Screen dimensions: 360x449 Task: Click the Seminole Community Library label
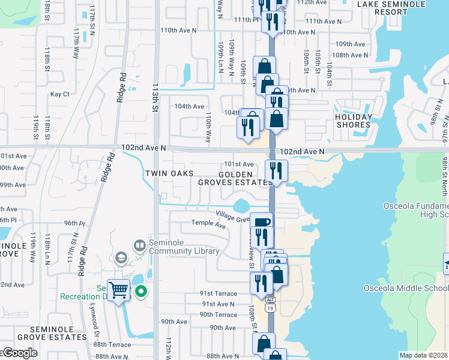tap(178, 247)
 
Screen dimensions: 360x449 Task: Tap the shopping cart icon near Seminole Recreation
tap(119, 290)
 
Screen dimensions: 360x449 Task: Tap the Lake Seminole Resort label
tap(391, 8)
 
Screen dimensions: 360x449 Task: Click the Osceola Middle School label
tap(405, 289)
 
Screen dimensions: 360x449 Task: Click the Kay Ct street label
tap(60, 94)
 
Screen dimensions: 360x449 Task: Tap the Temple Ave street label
tap(208, 224)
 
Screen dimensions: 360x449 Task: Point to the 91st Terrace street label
tap(219, 294)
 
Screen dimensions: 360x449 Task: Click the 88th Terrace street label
tap(112, 345)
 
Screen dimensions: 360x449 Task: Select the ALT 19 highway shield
tap(271, 303)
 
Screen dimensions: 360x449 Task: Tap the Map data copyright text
tap(423, 355)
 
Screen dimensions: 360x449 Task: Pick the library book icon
tap(140, 245)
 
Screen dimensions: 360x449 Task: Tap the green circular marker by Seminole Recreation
tap(142, 292)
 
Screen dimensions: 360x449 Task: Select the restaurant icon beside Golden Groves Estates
tap(276, 170)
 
